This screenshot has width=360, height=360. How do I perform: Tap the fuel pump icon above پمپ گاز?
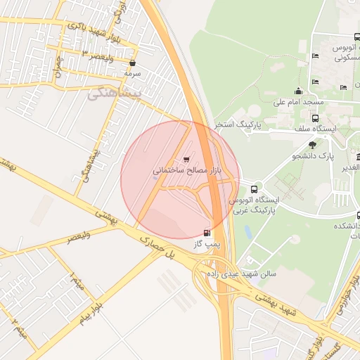click(x=207, y=233)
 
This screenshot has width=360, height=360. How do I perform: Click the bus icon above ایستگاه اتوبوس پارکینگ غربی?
click(x=254, y=189)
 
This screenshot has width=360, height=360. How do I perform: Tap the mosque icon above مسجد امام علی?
click(x=299, y=91)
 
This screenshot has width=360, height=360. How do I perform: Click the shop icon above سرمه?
click(x=132, y=63)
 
